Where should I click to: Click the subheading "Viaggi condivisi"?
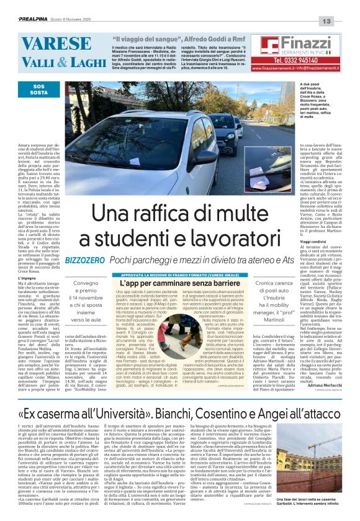click(297, 241)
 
